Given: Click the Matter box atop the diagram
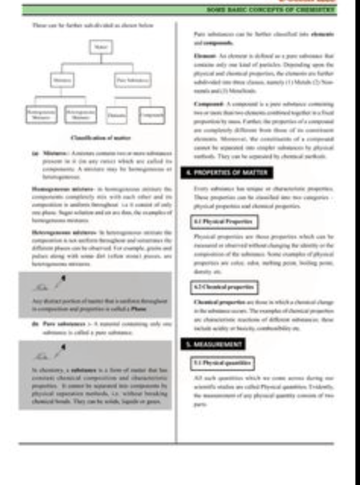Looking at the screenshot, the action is (x=98, y=48).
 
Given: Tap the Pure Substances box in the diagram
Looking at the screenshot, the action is (x=131, y=79).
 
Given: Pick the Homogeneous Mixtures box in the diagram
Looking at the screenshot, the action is (x=42, y=114).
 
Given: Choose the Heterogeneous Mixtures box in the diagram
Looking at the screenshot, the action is (x=80, y=114).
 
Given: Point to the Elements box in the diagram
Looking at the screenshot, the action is (x=117, y=114).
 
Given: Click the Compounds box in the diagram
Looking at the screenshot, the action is (x=152, y=114).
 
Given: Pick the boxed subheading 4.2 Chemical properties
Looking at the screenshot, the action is (x=223, y=287).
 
